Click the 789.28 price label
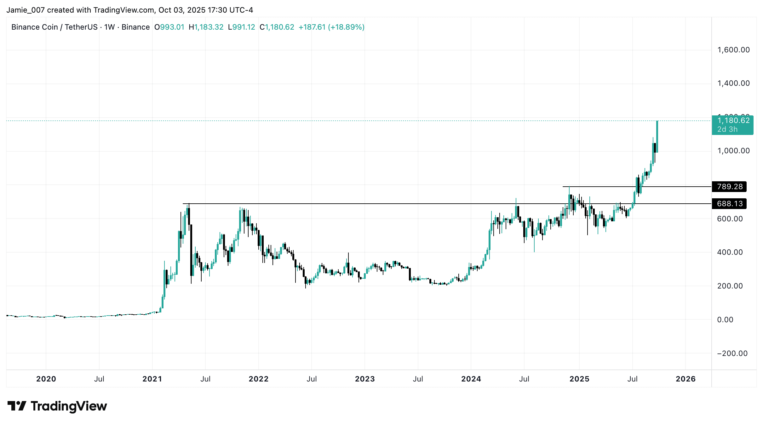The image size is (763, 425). click(x=729, y=187)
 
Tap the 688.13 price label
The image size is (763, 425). click(x=729, y=204)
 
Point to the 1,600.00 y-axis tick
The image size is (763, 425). click(x=733, y=50)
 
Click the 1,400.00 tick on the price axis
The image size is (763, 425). click(x=733, y=83)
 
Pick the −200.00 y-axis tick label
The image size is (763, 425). click(x=732, y=353)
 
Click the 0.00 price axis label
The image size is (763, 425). click(x=725, y=320)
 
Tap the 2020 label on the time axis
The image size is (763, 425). click(x=46, y=379)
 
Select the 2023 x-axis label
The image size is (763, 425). click(x=365, y=379)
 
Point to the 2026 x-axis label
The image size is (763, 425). click(x=686, y=379)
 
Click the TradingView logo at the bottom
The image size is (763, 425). click(x=57, y=406)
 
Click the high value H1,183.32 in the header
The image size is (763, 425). click(x=206, y=27)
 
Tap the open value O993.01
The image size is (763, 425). click(x=169, y=27)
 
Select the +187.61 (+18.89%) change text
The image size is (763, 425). click(x=331, y=27)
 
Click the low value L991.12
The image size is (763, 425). click(x=241, y=27)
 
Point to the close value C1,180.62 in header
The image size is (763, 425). click(x=277, y=27)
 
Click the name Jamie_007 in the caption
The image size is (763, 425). click(x=26, y=10)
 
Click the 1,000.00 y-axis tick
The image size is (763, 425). click(x=733, y=151)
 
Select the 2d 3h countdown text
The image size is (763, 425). click(x=727, y=130)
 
